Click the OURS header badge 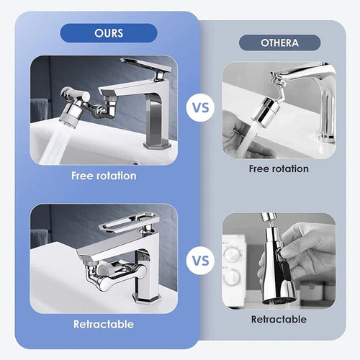(x=109, y=33)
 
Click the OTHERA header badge (x=278, y=42)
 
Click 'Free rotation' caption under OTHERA (x=278, y=168)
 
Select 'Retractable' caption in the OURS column (x=103, y=325)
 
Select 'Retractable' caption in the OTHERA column (x=278, y=319)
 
